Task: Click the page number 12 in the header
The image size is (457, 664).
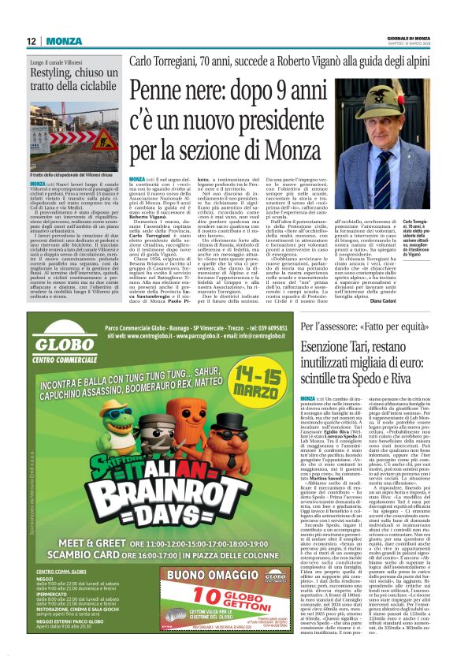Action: pyautogui.click(x=31, y=41)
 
